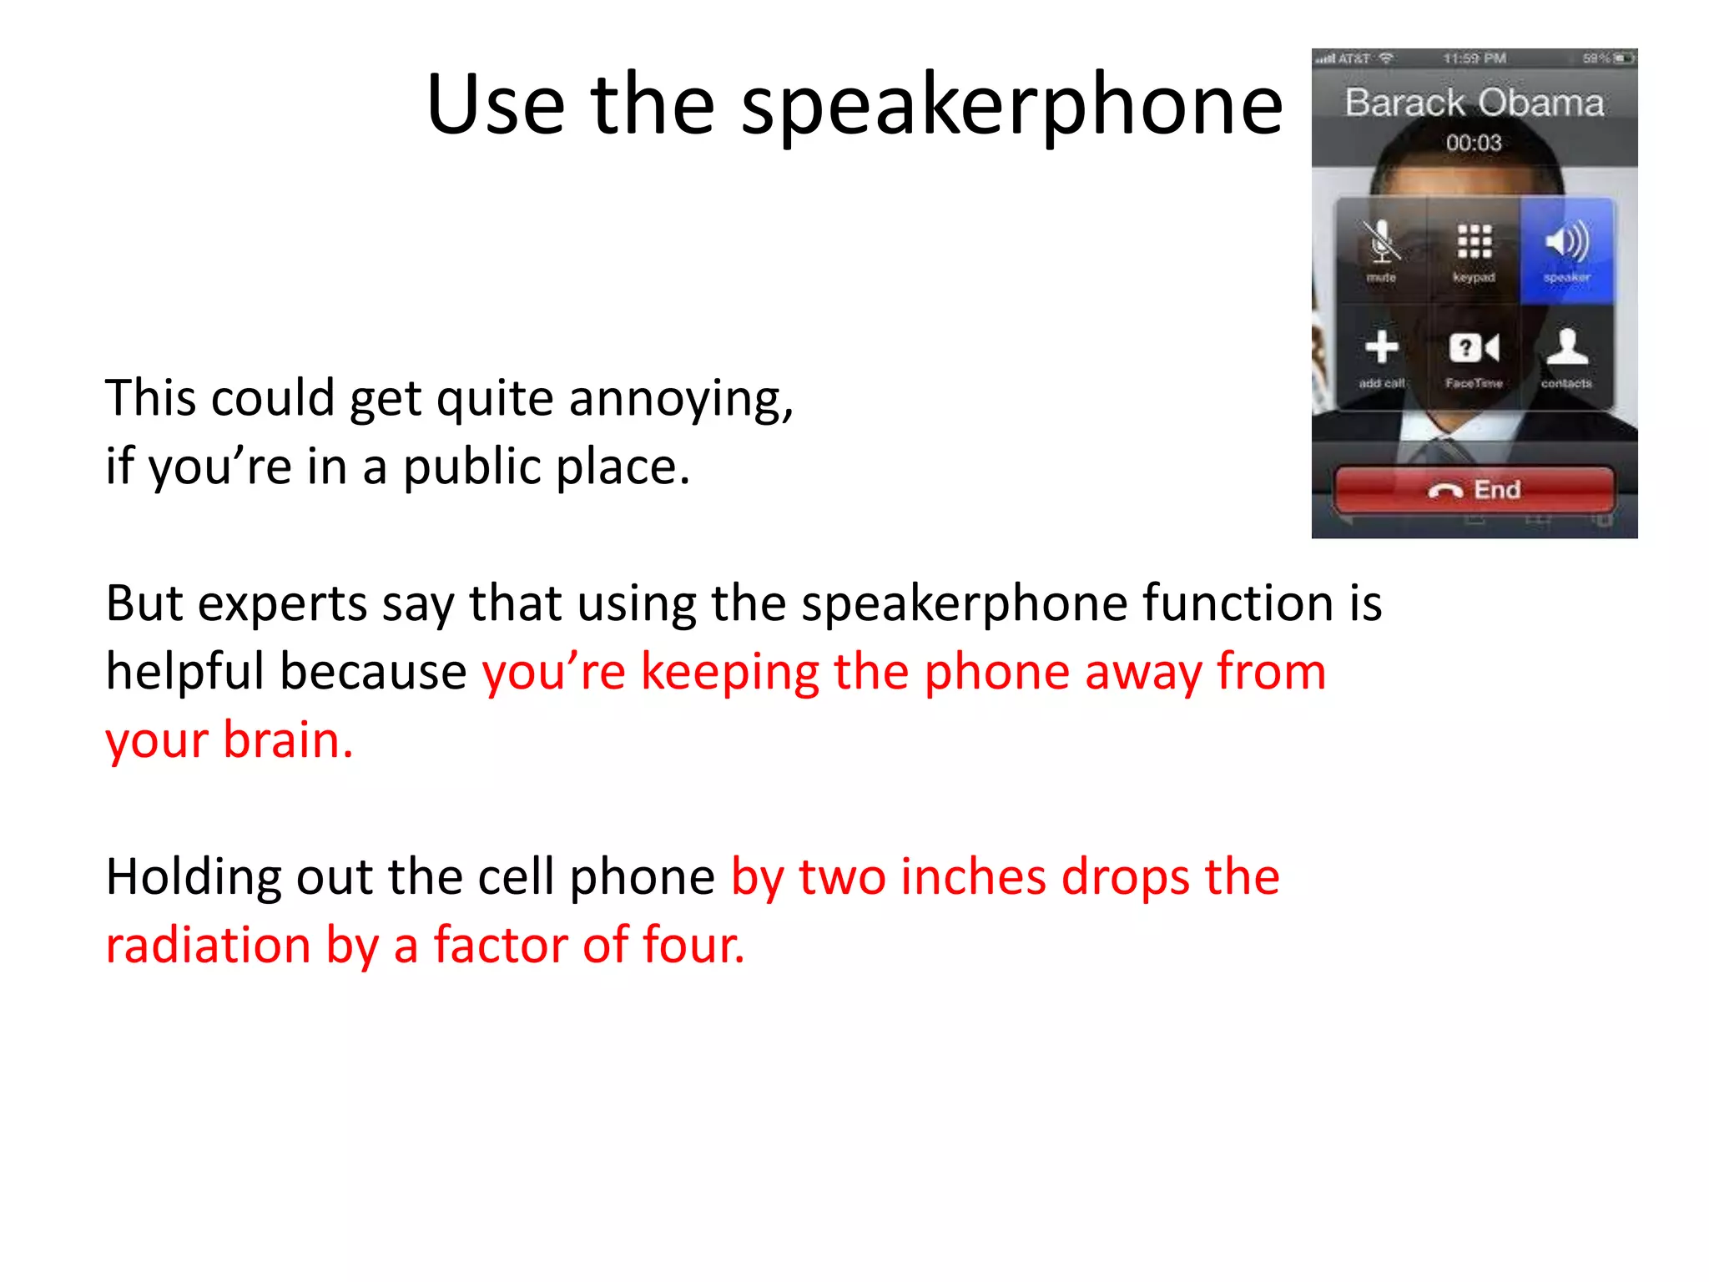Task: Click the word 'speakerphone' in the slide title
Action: coord(1011,107)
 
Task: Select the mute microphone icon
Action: coord(1381,243)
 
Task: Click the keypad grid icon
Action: coord(1474,242)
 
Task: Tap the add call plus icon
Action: coord(1382,347)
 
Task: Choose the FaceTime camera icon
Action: coord(1474,348)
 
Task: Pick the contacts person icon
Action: coord(1566,347)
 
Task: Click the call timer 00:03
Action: coord(1474,143)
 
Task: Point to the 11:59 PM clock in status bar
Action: coord(1474,58)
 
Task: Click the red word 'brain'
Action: coord(284,740)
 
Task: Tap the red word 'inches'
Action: coord(973,877)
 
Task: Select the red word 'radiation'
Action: coord(208,946)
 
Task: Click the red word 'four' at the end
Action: coord(693,946)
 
